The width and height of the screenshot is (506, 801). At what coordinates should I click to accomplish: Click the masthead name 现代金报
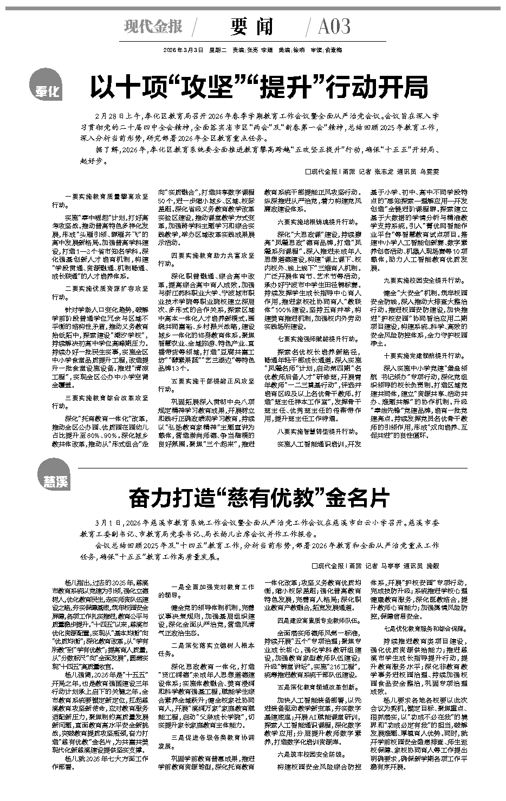coord(153,27)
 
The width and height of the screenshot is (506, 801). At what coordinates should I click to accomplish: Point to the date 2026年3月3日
coord(183,50)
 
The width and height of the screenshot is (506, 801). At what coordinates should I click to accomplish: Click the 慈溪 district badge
coord(54,476)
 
